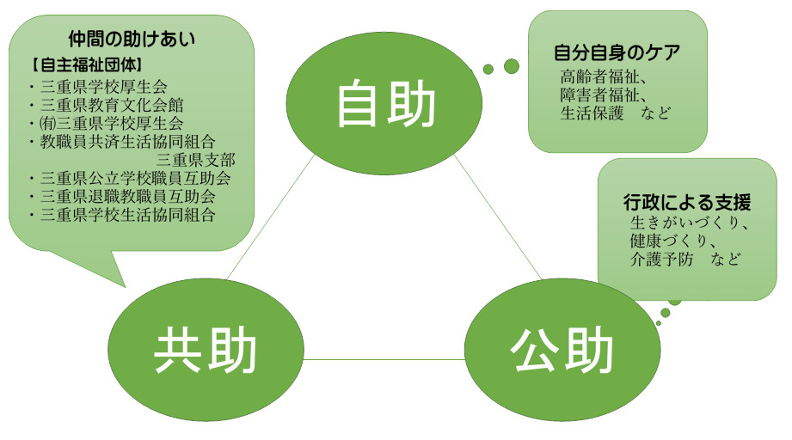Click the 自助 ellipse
click(384, 104)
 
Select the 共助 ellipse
click(206, 350)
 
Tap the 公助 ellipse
click(562, 350)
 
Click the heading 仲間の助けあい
click(132, 39)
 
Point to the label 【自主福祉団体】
click(86, 64)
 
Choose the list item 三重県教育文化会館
click(112, 105)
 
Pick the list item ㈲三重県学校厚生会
click(111, 123)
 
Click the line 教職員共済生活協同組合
click(128, 142)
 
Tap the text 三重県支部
click(195, 160)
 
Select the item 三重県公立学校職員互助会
click(135, 178)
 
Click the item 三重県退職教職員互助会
click(128, 196)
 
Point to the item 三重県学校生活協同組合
click(128, 215)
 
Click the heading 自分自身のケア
click(617, 52)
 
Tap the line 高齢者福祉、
click(603, 76)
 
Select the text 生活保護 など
click(615, 113)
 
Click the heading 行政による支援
click(687, 202)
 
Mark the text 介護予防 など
click(685, 260)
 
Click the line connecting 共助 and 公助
click(384, 359)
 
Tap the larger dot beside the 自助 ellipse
click(511, 66)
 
